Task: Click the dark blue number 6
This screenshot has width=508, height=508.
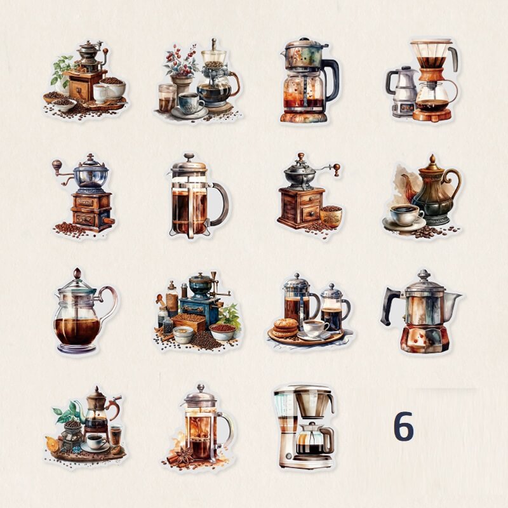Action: click(404, 425)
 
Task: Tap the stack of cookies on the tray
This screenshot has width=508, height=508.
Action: click(285, 328)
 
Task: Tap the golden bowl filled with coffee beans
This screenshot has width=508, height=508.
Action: click(330, 215)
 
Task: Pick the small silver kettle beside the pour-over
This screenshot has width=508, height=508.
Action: click(403, 91)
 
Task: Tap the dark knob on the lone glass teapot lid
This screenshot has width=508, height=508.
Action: click(77, 274)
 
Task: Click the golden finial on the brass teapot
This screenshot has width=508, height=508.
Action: click(432, 160)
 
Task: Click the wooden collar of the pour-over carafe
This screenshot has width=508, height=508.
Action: click(432, 76)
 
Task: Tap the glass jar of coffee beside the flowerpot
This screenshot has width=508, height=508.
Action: click(167, 98)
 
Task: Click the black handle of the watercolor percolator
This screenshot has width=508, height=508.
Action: click(331, 80)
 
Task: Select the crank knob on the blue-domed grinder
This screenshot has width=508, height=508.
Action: click(57, 164)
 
